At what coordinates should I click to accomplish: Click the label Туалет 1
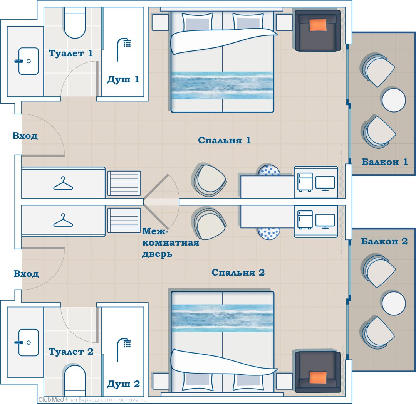coord(70,53)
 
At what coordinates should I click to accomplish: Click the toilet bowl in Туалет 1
coord(75,23)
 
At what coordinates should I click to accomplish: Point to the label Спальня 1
coord(224,140)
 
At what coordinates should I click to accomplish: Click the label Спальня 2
coord(238,272)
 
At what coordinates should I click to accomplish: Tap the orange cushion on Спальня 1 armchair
coord(318,25)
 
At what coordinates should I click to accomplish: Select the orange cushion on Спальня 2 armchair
coord(318,377)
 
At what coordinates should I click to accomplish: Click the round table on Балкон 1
coord(394,100)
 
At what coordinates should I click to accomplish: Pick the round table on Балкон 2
coord(394,303)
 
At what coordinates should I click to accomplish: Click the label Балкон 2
coord(384,241)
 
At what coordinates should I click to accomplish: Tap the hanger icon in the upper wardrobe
coord(63,183)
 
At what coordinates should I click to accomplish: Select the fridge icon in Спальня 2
coord(305,220)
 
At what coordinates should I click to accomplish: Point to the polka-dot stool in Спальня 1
coord(269,170)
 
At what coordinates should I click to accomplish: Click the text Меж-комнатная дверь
coord(171,242)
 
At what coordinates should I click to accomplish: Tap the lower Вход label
coord(26,274)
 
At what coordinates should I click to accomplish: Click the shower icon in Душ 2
coord(124,350)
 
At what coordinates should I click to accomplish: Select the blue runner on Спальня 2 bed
coord(222,318)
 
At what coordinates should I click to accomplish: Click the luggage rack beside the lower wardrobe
coord(124,221)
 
